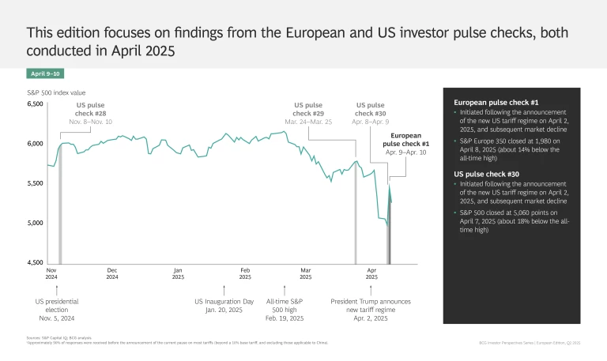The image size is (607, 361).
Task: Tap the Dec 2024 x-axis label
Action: pyautogui.click(x=112, y=273)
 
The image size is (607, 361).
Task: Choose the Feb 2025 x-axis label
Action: pyautogui.click(x=245, y=273)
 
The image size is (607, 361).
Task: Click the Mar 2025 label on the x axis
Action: pyautogui.click(x=306, y=273)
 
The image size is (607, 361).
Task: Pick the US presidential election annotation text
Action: pyautogui.click(x=57, y=310)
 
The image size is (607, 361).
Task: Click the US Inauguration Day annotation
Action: pyautogui.click(x=224, y=305)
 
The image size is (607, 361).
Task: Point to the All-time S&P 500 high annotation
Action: pyautogui.click(x=285, y=310)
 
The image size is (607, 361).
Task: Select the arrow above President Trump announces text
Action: pyautogui.click(x=371, y=290)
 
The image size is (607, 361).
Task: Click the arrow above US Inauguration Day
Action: pyautogui.click(x=224, y=290)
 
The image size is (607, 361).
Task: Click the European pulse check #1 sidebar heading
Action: pyautogui.click(x=496, y=103)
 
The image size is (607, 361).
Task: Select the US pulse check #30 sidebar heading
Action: pyautogui.click(x=486, y=175)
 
